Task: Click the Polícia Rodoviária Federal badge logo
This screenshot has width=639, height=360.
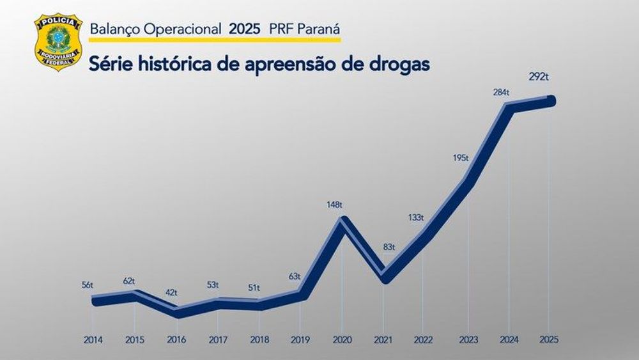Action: (x=58, y=42)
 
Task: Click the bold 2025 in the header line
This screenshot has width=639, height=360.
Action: (x=245, y=28)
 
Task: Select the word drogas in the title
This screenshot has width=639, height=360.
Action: (x=396, y=64)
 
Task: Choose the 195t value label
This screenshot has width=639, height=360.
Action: (x=459, y=157)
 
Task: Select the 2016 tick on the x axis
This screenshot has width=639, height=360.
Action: (x=176, y=340)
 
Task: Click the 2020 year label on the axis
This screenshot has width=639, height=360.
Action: (x=343, y=340)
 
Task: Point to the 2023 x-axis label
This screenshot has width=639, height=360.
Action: (x=468, y=340)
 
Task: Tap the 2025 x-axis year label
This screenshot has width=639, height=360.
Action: (x=550, y=340)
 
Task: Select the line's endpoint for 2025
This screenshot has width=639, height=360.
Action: (x=551, y=101)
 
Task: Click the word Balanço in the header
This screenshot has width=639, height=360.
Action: (x=112, y=28)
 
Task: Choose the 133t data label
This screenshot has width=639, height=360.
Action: (x=416, y=217)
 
